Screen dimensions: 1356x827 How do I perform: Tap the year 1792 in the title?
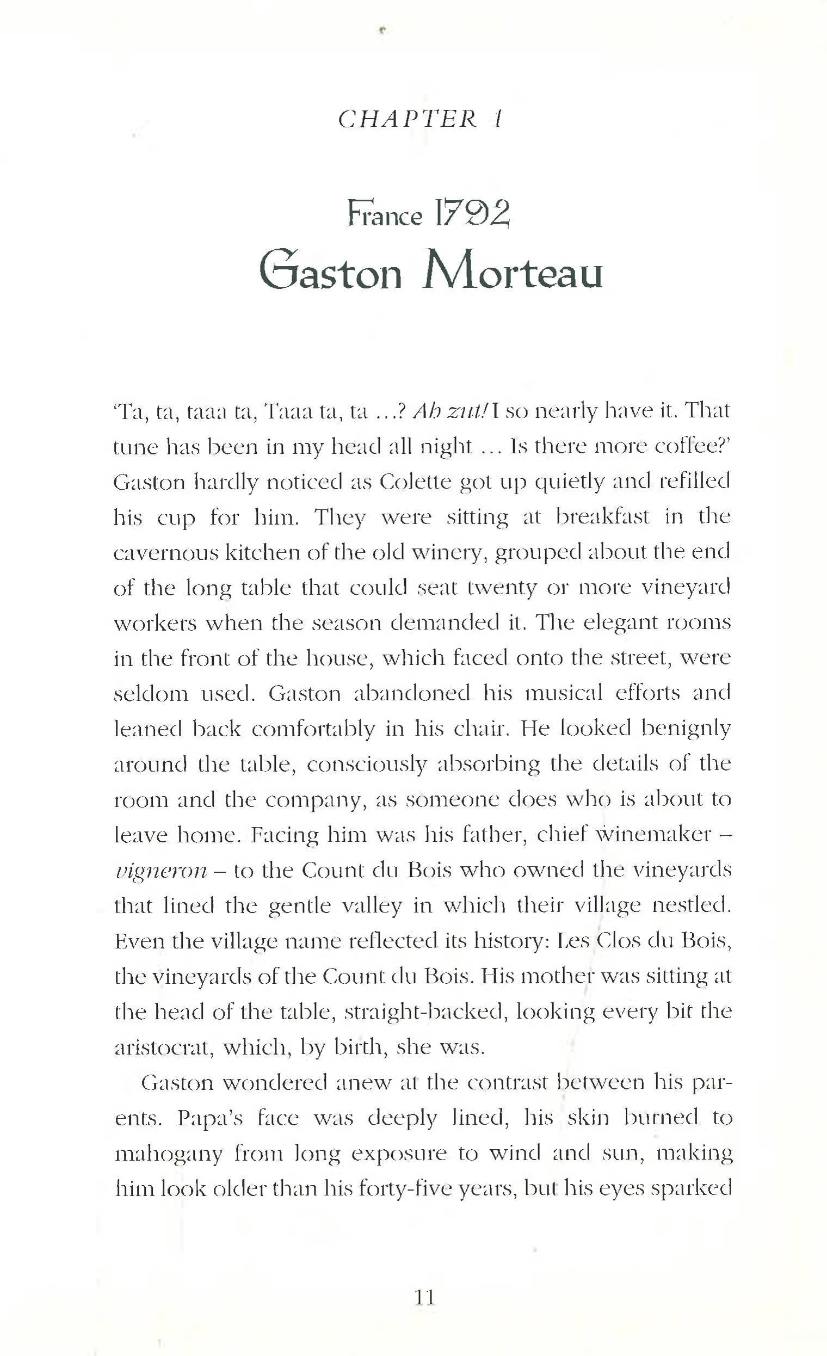[472, 214]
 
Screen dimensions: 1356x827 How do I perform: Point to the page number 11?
[424, 1297]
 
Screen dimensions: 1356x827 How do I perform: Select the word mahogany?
[168, 1153]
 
